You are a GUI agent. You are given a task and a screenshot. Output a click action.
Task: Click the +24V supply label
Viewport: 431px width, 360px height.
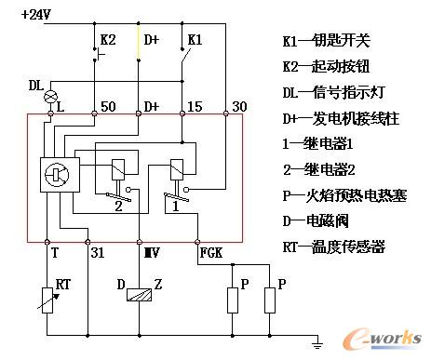point(34,16)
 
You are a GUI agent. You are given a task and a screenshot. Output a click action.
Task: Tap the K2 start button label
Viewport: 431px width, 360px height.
point(107,41)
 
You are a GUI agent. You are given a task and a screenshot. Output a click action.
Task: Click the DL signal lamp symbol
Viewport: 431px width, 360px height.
point(51,96)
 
